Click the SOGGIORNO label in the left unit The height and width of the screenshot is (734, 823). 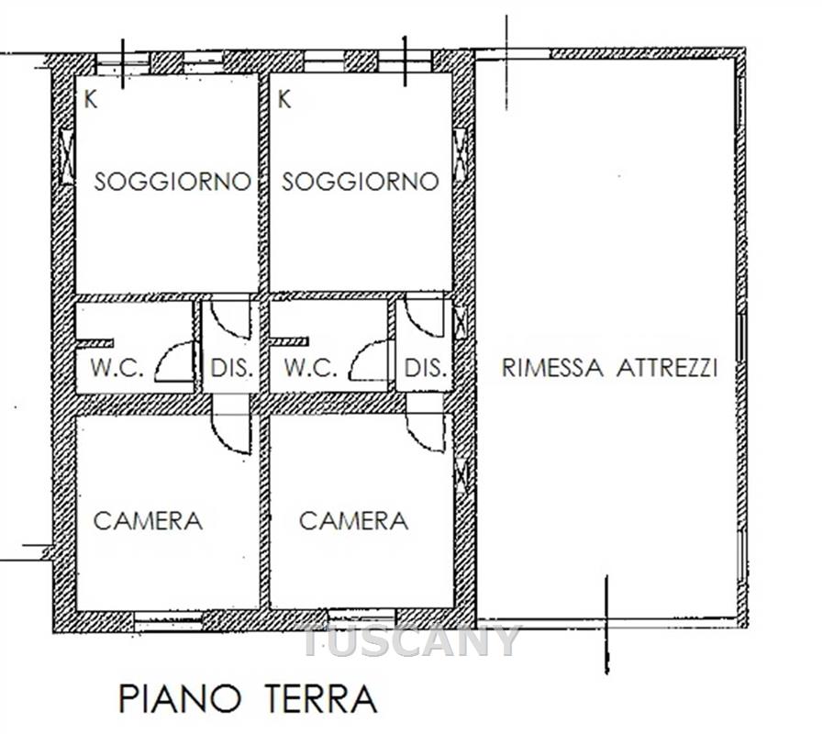pyautogui.click(x=172, y=182)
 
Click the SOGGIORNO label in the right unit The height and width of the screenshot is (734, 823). pyautogui.click(x=360, y=182)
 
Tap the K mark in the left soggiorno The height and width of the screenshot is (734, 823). pyautogui.click(x=91, y=99)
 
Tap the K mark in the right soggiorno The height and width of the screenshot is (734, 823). pyautogui.click(x=284, y=99)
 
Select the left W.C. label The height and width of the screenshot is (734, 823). pyautogui.click(x=117, y=368)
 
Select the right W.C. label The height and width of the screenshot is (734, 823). pyautogui.click(x=310, y=368)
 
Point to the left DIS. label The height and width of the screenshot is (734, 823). pyautogui.click(x=232, y=368)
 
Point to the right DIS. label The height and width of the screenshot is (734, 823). pyautogui.click(x=426, y=368)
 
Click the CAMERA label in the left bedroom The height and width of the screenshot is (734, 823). pyautogui.click(x=148, y=521)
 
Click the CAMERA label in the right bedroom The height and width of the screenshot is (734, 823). pyautogui.click(x=354, y=521)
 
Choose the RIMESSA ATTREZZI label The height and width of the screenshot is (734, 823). pyautogui.click(x=609, y=368)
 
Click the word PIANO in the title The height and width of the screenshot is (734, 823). pyautogui.click(x=180, y=698)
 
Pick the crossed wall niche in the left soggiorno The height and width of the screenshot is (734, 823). pyautogui.click(x=67, y=157)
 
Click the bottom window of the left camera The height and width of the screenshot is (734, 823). pyautogui.click(x=169, y=621)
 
